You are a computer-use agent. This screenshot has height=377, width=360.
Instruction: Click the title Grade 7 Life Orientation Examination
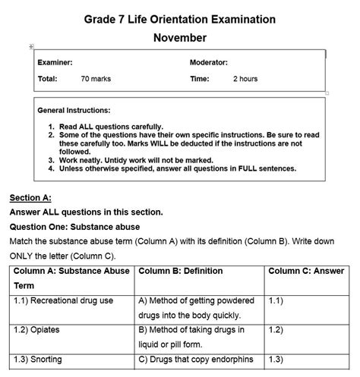(x=179, y=18)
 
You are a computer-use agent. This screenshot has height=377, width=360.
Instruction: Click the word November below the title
(x=179, y=37)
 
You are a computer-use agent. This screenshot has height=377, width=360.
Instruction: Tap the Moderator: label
(x=208, y=62)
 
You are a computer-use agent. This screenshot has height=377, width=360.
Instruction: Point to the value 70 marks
(x=96, y=79)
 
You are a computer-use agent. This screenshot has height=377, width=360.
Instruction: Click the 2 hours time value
(x=245, y=79)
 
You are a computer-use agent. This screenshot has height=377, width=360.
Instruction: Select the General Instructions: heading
(x=74, y=110)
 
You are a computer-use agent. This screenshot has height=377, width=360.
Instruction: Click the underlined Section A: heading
(x=30, y=198)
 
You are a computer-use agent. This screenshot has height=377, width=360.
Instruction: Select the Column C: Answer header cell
(x=306, y=271)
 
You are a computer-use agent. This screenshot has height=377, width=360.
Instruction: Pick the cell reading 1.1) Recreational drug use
(x=63, y=300)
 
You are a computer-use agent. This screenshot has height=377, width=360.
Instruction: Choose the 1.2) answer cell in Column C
(x=276, y=330)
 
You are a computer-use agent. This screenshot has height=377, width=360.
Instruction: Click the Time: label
(x=199, y=79)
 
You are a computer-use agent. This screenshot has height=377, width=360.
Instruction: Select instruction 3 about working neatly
(x=136, y=160)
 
